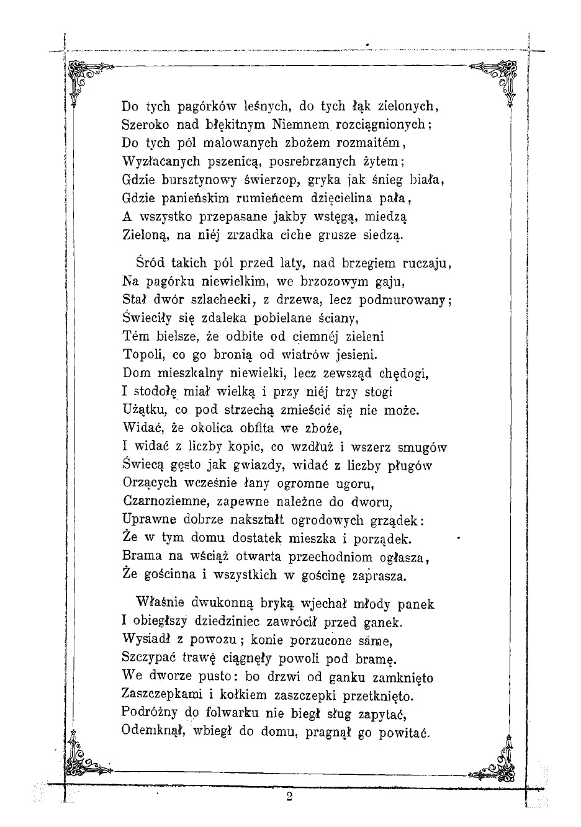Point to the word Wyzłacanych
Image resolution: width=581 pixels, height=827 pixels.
[161, 162]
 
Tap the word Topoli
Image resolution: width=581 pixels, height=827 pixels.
[143, 356]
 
